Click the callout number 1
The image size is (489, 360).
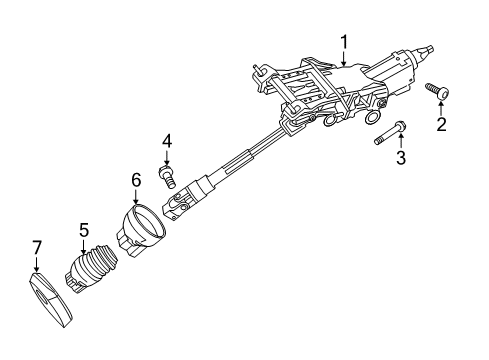pos(344,42)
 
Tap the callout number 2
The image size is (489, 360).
pos(441,124)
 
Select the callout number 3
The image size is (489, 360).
pos(401,157)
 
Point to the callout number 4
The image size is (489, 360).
pos(167,141)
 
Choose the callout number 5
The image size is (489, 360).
pos(84,230)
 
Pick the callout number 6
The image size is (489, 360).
pos(136,180)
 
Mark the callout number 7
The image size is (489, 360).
pos(37,247)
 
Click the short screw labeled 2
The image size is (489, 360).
pos(437,91)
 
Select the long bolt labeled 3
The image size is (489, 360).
pos(389,133)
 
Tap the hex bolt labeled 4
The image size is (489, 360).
pos(167,175)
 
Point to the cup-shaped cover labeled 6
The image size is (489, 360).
pos(141,230)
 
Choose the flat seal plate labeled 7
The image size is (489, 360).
pos(50,300)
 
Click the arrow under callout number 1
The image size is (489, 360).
pos(344,58)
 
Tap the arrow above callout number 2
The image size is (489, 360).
pos(441,109)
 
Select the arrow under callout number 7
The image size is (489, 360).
pos(36,264)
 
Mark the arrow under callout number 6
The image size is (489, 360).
pos(136,196)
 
